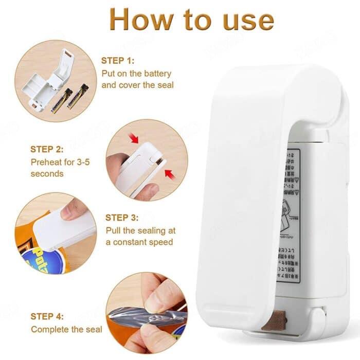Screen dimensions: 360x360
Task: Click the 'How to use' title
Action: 191,20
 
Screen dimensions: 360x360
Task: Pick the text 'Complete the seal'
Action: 67,329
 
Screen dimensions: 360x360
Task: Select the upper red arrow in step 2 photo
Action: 135,138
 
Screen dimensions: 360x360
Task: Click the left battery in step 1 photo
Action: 61,101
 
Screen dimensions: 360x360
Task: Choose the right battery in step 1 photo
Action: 78,96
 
